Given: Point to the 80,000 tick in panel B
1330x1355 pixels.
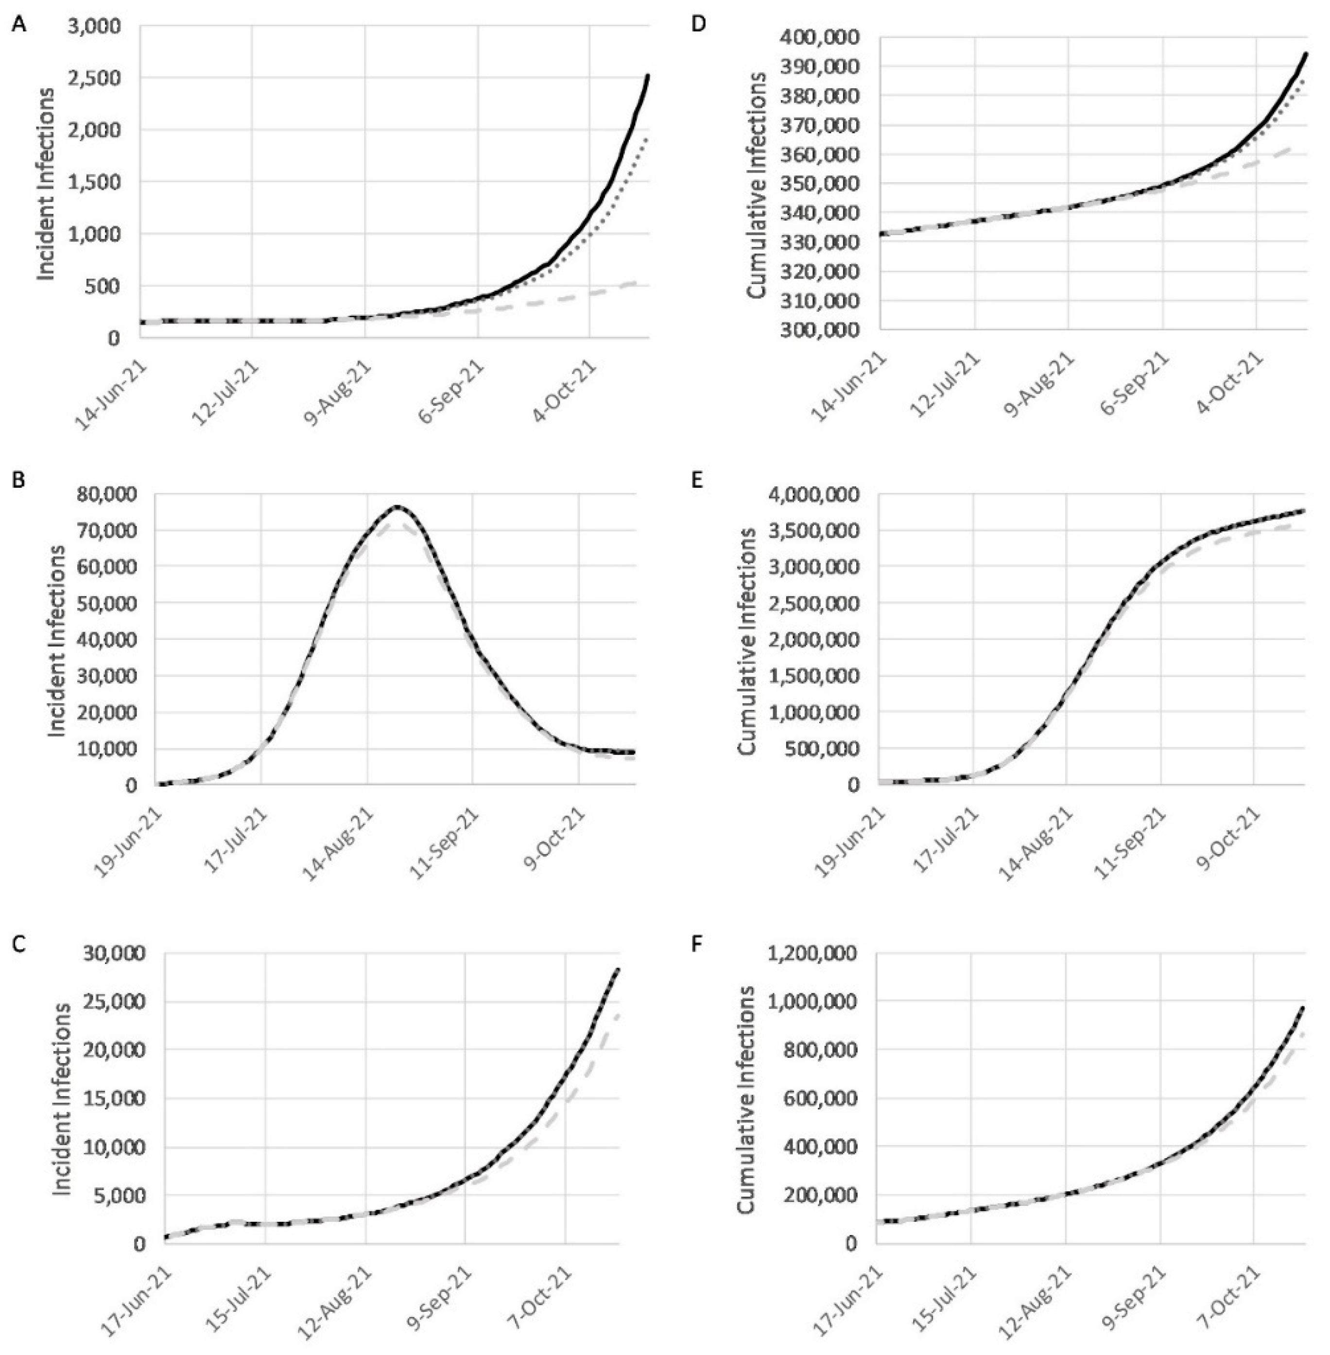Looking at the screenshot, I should coord(112,495).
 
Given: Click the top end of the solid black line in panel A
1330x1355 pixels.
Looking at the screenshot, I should coord(648,75).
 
